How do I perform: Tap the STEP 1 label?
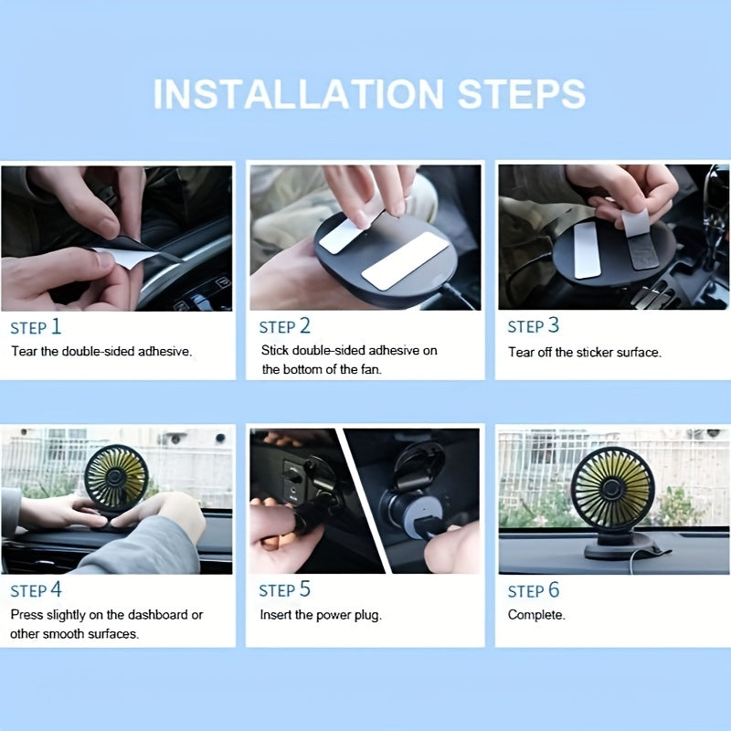point(36,327)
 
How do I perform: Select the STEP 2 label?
point(284,327)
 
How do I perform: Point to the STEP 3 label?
point(533,327)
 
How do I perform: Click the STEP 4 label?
point(36,590)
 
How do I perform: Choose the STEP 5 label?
point(284,590)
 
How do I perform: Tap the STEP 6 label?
point(533,590)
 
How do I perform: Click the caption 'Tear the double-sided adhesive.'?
point(101,352)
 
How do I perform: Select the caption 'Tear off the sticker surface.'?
point(584,352)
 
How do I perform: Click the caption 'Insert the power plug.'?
point(321,615)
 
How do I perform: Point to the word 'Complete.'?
point(536,615)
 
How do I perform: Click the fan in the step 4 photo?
point(116,478)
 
